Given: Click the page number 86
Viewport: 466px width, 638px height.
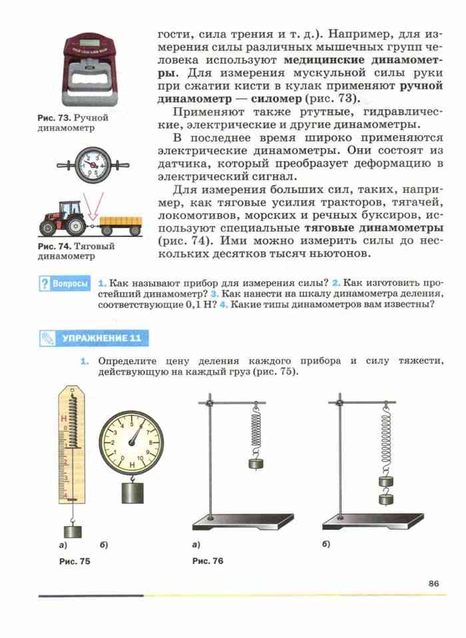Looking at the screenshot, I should (434, 583).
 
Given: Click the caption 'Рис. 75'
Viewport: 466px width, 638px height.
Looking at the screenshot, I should (75, 561).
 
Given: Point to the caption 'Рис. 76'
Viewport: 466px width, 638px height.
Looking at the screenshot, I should (208, 561).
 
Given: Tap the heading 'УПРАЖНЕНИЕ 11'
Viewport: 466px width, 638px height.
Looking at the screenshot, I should (101, 339).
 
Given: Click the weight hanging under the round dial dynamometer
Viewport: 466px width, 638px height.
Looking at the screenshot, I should (132, 492).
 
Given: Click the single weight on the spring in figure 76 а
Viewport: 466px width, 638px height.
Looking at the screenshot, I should (256, 463).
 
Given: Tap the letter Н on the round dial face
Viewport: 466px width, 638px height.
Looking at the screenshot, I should (132, 464).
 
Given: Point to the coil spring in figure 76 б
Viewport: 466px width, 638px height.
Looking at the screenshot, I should (385, 432).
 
